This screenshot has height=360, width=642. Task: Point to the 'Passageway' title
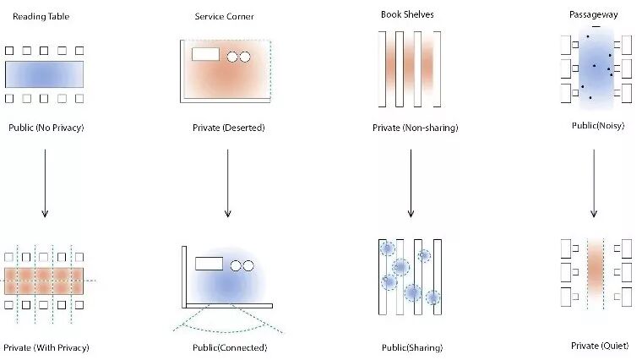point(596,14)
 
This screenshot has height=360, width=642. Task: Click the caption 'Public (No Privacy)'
point(44,128)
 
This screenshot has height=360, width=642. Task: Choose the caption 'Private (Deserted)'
point(228,128)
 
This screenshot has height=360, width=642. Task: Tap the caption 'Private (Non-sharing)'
point(415,128)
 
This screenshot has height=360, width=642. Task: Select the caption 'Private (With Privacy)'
point(46,347)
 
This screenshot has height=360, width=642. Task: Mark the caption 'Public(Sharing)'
point(412,347)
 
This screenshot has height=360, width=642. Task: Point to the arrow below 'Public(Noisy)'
point(594,183)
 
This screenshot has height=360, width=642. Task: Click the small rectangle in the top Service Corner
point(205,55)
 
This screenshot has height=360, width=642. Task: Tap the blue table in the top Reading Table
point(44,74)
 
